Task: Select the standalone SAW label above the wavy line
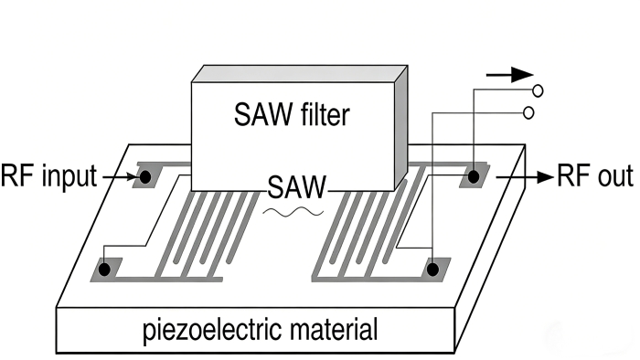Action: pos(297,189)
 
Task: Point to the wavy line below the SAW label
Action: pos(294,211)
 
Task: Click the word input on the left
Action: pos(65,175)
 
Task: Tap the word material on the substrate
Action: pos(330,328)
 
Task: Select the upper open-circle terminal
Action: pos(538,90)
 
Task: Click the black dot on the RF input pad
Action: pos(144,175)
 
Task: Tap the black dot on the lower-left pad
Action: pos(106,270)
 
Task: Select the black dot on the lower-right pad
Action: pos(432,269)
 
